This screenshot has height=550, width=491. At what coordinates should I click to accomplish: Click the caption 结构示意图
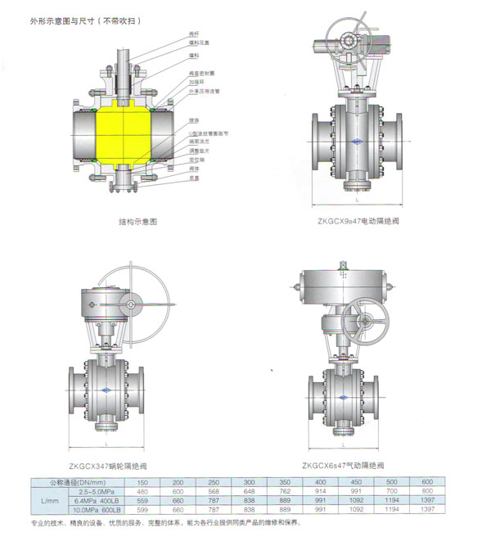(137, 222)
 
